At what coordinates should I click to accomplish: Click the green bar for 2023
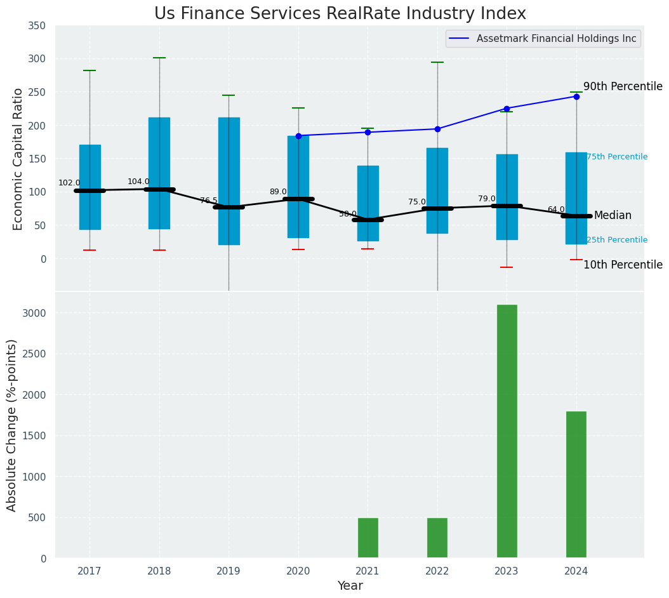tap(507, 431)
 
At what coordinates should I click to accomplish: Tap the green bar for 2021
tap(368, 538)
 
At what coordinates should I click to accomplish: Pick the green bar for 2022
tap(437, 538)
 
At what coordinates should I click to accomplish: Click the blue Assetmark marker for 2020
tap(298, 136)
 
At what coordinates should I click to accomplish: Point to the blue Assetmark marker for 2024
tap(576, 96)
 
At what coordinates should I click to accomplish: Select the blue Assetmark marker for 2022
tap(437, 129)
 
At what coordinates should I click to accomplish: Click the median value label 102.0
tap(69, 183)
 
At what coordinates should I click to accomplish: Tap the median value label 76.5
tap(208, 201)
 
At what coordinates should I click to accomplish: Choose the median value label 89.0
tap(278, 192)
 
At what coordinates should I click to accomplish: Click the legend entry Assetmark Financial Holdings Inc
tap(556, 39)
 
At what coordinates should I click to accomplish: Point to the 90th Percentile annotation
tap(623, 86)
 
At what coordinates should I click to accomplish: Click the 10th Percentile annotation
tap(623, 265)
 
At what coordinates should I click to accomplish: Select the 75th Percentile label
tap(617, 157)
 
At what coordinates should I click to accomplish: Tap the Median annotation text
tap(613, 216)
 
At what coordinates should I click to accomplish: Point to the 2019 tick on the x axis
tap(229, 571)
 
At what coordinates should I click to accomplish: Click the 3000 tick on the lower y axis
tap(35, 314)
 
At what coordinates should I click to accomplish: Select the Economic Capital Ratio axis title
tap(18, 159)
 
